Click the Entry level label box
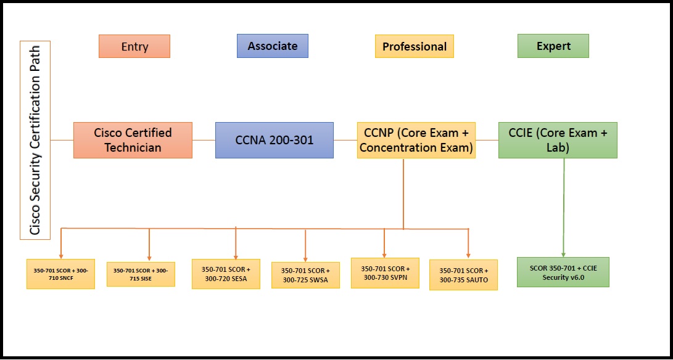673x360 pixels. pyautogui.click(x=134, y=46)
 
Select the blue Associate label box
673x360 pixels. pyautogui.click(x=272, y=46)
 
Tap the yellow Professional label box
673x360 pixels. pyautogui.click(x=414, y=46)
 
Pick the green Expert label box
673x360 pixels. pyautogui.click(x=553, y=46)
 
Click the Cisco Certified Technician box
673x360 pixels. pyautogui.click(x=133, y=140)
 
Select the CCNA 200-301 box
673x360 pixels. pyautogui.click(x=274, y=140)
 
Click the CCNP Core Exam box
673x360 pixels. pyautogui.click(x=416, y=140)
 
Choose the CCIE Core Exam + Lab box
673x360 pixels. pyautogui.click(x=557, y=140)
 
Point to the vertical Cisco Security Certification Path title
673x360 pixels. pyautogui.click(x=35, y=140)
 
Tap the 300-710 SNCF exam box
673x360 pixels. pyautogui.click(x=60, y=274)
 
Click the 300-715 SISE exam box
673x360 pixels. pyautogui.click(x=141, y=274)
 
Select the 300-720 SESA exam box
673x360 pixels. pyautogui.click(x=226, y=274)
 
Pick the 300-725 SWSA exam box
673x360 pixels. pyautogui.click(x=305, y=275)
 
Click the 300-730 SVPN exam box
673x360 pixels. pyautogui.click(x=385, y=272)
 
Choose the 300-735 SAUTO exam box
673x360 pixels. pyautogui.click(x=463, y=275)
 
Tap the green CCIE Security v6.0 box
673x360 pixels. pyautogui.click(x=563, y=272)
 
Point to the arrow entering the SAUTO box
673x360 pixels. pyautogui.click(x=468, y=243)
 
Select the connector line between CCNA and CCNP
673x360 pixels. pyautogui.click(x=345, y=140)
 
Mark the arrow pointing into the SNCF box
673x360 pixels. pyautogui.click(x=61, y=243)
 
